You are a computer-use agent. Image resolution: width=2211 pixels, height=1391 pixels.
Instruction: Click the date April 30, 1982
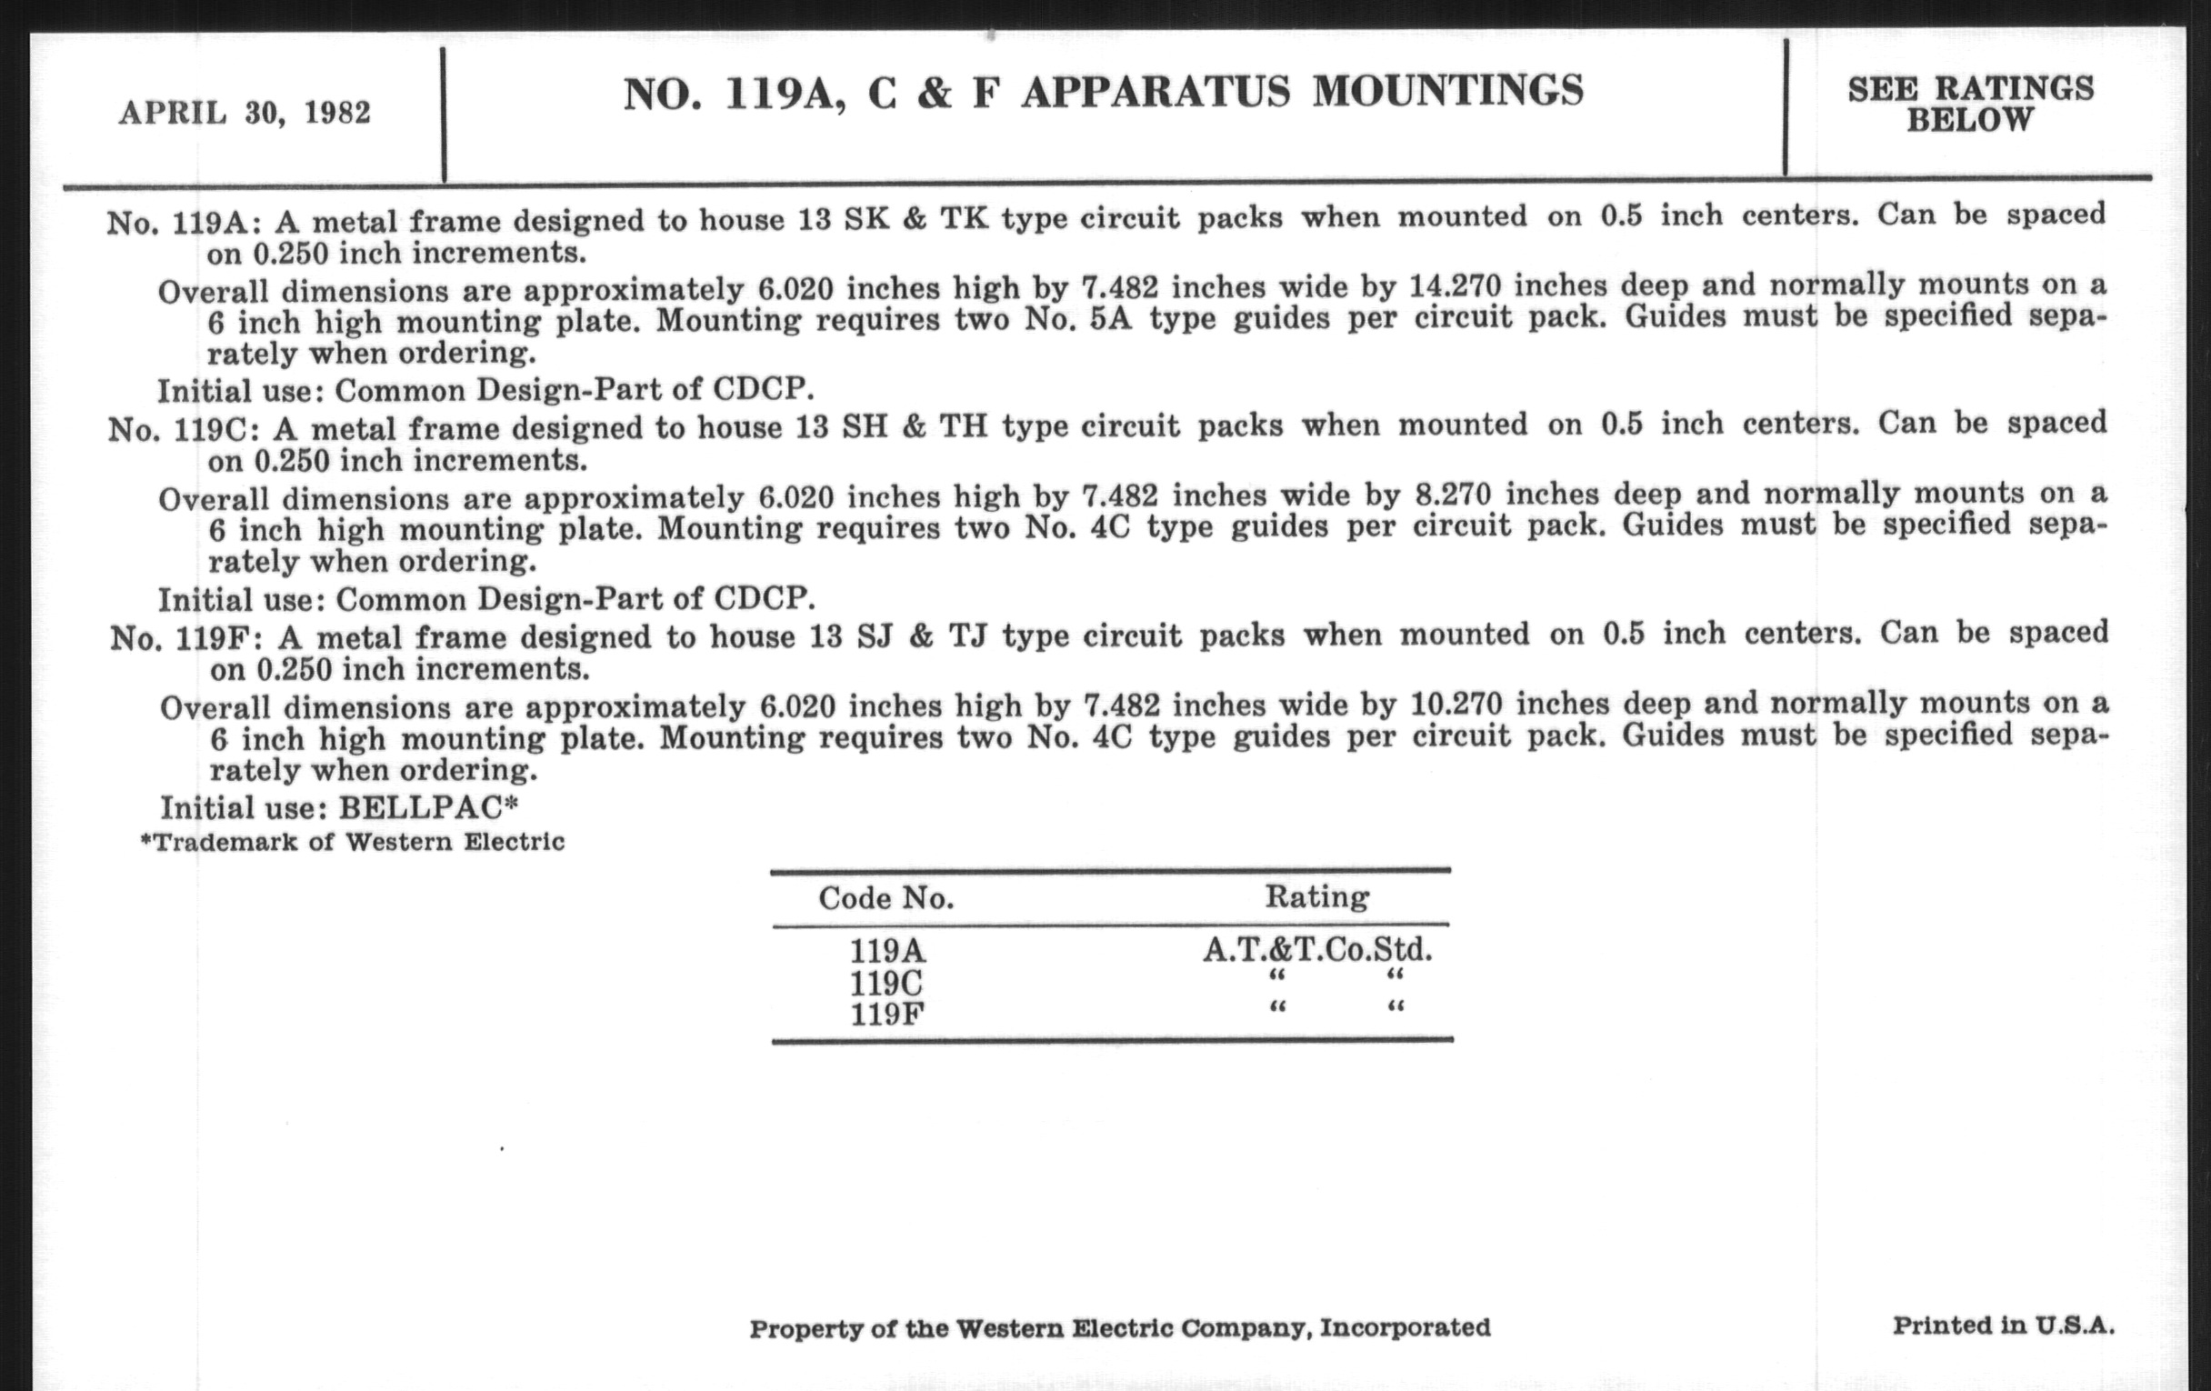(245, 113)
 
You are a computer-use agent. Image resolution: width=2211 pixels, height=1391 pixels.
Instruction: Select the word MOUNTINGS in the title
(1448, 91)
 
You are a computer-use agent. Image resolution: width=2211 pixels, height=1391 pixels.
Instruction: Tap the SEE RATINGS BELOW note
(1970, 104)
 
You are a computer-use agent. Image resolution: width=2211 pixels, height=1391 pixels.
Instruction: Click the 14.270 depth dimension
(1455, 286)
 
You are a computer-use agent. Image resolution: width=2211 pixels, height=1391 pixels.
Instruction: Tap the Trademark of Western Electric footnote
(353, 842)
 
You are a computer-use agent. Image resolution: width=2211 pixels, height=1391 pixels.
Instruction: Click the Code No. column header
(886, 898)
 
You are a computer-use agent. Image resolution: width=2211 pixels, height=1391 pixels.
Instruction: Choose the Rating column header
(1316, 896)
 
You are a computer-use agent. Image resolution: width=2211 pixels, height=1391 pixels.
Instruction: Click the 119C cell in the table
(886, 984)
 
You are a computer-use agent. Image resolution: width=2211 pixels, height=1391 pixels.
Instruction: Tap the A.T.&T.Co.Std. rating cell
(1317, 949)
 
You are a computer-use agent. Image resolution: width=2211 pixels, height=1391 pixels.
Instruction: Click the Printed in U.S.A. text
(2004, 1325)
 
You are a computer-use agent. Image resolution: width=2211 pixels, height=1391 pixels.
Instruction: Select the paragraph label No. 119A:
(183, 223)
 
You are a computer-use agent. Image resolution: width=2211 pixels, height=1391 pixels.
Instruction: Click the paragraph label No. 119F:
(186, 638)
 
